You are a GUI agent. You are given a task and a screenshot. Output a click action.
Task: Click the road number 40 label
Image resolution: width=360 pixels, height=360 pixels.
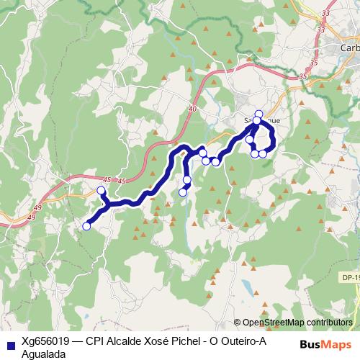pyautogui.click(x=192, y=109)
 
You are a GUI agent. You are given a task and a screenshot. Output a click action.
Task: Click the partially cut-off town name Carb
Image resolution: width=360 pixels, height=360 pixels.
pyautogui.click(x=348, y=48)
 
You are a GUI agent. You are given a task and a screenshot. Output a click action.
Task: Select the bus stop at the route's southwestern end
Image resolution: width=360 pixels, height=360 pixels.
pyautogui.click(x=86, y=226)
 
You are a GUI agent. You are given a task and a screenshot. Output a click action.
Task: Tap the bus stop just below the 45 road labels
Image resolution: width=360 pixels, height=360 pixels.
pyautogui.click(x=101, y=191)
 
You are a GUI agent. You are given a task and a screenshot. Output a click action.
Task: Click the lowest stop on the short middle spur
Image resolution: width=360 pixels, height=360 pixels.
pyautogui.click(x=183, y=192)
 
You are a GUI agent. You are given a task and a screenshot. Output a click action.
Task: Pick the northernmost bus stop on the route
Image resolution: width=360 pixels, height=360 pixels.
pyautogui.click(x=258, y=114)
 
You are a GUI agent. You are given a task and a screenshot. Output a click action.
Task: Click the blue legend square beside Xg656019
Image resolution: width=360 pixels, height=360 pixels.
pyautogui.click(x=10, y=343)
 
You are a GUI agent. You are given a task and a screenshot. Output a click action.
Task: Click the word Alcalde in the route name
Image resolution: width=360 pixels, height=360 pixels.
pyautogui.click(x=127, y=343)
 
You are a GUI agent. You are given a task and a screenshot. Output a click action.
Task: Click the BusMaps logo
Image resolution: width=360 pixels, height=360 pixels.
pyautogui.click(x=322, y=343)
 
